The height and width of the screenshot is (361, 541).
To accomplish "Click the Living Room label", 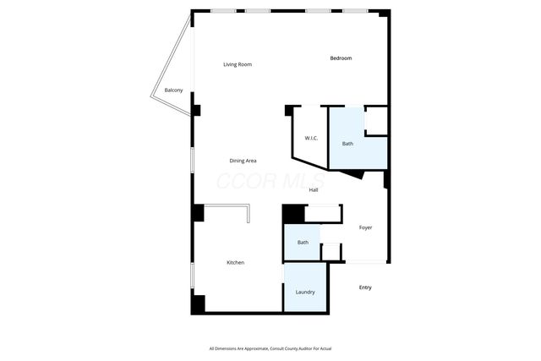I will coord(238,64).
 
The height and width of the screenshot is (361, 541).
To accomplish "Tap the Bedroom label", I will coord(341,57).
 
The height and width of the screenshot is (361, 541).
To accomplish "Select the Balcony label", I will coord(173,90).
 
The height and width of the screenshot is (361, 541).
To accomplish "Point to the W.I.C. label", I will coord(310,138).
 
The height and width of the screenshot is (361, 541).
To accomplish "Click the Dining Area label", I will coord(243,161).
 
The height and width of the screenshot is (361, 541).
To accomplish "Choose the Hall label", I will coord(313,190).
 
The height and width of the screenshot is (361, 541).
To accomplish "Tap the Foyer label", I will coord(365,227).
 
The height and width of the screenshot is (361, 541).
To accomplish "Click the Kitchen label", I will coord(235,263).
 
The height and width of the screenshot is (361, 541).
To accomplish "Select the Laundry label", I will coord(305,293).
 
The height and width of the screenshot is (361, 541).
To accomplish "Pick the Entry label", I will coord(365,287).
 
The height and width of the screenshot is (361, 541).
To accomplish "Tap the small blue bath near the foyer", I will coord(301,245).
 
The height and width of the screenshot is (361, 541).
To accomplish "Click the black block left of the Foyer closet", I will coord(292,215).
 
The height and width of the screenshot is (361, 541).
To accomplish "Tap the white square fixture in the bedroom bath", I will coord(376,120).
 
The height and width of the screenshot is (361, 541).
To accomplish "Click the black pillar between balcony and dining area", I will coord(196,110).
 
